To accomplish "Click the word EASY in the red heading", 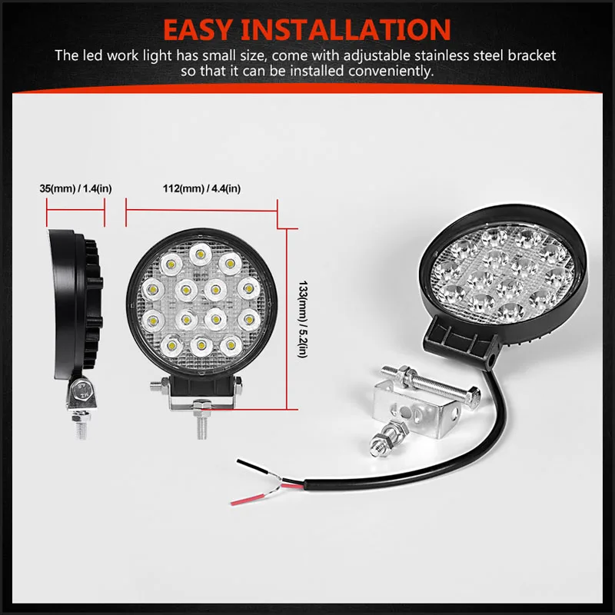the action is [x=198, y=30].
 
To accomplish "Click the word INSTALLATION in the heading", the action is [x=345, y=30].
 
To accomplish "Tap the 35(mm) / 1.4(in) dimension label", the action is [x=75, y=188].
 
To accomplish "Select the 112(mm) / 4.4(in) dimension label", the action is [x=201, y=188].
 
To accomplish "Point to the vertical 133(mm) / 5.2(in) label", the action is [x=303, y=319].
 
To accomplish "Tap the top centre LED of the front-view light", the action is [x=201, y=255].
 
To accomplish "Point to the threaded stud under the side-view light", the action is [x=81, y=425].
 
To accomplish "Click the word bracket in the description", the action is [x=532, y=55].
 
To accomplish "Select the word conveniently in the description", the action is [x=391, y=71].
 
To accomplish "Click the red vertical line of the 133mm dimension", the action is [x=287, y=319].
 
